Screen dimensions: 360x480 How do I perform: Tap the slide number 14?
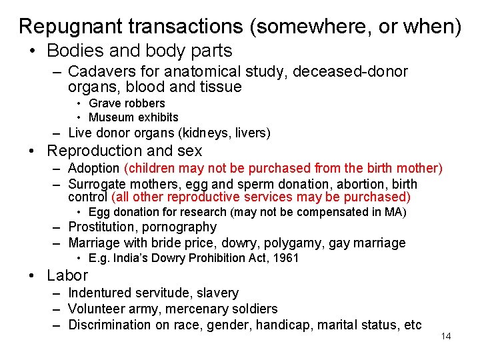coord(446,336)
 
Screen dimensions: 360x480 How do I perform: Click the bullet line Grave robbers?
coord(127,103)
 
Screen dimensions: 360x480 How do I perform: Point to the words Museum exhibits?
coord(133,117)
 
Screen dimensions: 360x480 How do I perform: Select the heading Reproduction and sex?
coord(125,151)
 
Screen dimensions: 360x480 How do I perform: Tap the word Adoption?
coord(94,169)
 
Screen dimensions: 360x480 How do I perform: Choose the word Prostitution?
coord(103,227)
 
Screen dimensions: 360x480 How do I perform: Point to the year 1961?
coord(286,258)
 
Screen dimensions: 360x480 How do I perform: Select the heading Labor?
coord(67,275)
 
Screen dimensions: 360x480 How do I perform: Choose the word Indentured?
coord(99,293)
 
